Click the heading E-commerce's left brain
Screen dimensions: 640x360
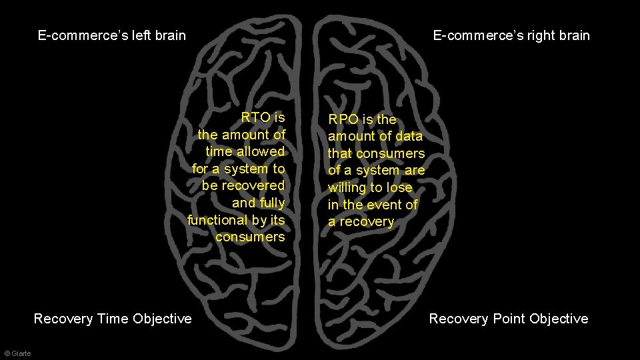point(112,35)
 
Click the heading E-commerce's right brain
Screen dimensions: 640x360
point(511,35)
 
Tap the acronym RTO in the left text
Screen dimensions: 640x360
point(255,117)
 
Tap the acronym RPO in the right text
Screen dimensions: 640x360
point(342,120)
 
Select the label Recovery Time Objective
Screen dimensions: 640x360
point(113,319)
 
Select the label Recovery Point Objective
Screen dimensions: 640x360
point(508,319)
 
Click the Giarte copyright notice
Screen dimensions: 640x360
point(17,353)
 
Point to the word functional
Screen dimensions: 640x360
point(217,220)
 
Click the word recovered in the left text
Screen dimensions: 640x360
point(253,185)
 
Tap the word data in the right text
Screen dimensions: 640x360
point(409,136)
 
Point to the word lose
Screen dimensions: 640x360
point(399,187)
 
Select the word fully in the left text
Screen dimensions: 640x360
point(272,203)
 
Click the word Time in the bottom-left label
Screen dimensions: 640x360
point(113,319)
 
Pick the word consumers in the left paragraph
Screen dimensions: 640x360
point(250,237)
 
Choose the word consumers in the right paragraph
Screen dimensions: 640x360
point(391,153)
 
